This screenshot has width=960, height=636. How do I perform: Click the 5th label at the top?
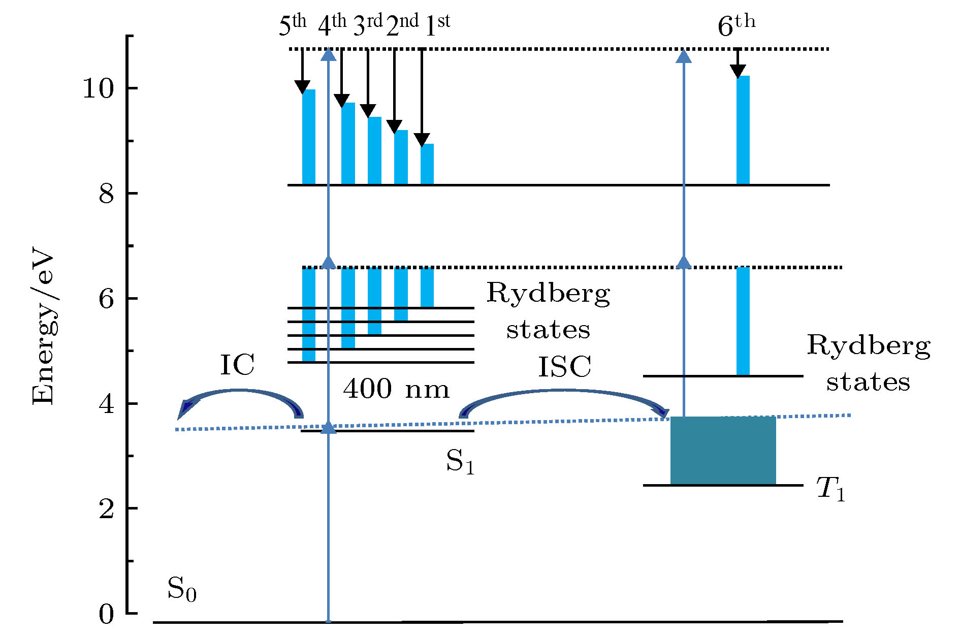click(293, 25)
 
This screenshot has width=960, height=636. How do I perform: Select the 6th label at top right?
click(736, 25)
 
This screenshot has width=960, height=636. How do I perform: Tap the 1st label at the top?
click(437, 25)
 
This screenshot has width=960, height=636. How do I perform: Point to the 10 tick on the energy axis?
click(98, 89)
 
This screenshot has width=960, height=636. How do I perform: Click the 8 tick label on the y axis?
click(106, 194)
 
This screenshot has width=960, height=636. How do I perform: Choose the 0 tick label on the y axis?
click(106, 615)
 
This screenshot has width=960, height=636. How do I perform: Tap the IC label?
click(237, 365)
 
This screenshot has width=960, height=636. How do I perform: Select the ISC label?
click(564, 367)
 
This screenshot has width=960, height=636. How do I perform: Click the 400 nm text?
click(396, 390)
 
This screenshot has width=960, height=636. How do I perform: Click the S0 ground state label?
click(181, 589)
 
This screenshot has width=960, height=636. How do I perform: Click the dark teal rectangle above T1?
click(723, 451)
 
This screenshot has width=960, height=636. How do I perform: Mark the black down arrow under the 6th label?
click(738, 63)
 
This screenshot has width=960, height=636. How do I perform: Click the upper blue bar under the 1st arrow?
click(427, 164)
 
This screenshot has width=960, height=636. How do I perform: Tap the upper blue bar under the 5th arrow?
click(309, 137)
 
